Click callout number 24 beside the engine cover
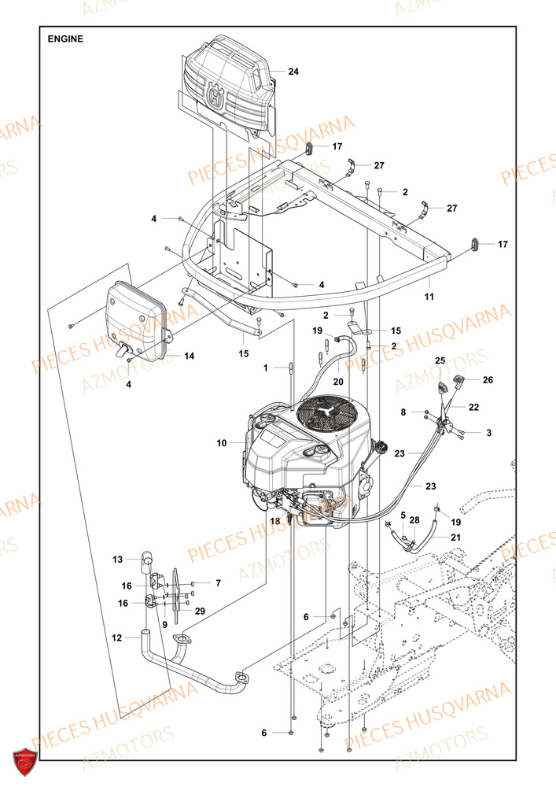293,72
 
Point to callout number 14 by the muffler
190,357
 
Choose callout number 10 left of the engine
223,443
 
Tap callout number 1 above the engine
266,368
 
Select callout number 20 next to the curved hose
337,381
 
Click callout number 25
440,360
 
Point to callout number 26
487,380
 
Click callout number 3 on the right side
489,432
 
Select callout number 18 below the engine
275,521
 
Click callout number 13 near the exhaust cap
118,560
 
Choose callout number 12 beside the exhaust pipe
117,637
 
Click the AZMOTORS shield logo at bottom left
25,762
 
